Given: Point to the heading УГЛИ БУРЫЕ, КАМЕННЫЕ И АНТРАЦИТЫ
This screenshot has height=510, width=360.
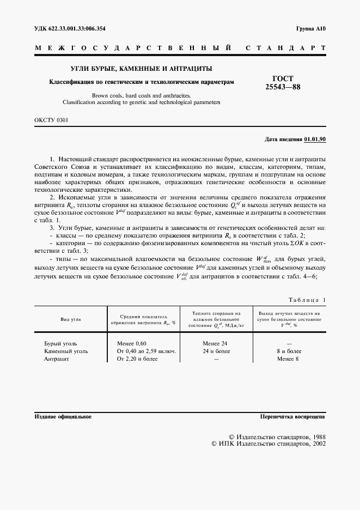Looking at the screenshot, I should tap(141, 69).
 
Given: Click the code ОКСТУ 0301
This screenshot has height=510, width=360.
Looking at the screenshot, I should tap(51, 120).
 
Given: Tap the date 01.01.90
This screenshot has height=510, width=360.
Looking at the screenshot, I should tap(315, 139).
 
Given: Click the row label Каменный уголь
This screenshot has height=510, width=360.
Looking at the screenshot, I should tap(65, 351).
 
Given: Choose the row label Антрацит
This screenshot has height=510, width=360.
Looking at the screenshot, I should tap(56, 359).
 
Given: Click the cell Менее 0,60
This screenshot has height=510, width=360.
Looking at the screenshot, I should tap(132, 344).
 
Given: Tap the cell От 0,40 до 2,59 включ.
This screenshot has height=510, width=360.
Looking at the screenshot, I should tap(147, 351).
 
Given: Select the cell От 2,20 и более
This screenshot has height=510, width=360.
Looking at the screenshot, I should tap(137, 359).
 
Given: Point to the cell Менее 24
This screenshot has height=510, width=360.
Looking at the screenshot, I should tap(215, 344).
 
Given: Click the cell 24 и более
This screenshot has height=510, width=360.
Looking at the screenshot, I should tap(216, 351).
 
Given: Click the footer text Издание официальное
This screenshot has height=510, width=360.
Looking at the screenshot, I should tap(63, 416).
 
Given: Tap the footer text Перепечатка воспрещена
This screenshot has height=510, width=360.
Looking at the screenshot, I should tap(293, 416).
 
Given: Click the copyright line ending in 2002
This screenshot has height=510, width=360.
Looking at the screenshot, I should tap(269, 444).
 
